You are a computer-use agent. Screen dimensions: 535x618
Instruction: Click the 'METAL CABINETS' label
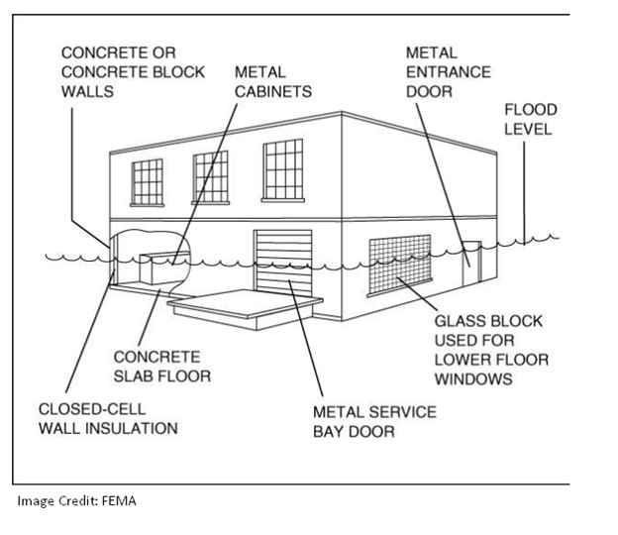coord(272,81)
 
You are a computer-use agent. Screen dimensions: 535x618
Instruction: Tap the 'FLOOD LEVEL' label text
coord(531,119)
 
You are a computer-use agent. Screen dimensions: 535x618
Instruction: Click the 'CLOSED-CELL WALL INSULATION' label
coord(108,418)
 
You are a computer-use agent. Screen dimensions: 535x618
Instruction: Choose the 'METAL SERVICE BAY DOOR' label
coord(373,420)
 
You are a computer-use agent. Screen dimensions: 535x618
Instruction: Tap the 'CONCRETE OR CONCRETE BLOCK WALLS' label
coord(133,71)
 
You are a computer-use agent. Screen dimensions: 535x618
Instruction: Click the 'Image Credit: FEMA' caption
coord(76,500)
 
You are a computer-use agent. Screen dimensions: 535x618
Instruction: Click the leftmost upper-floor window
coord(148,181)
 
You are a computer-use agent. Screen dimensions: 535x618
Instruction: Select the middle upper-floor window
coord(210,175)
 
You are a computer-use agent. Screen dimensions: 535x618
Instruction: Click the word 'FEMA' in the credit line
coord(117,500)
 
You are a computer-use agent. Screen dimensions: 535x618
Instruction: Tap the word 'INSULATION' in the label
coord(139,428)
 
